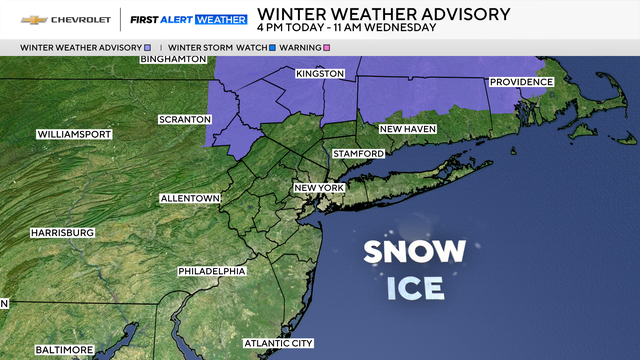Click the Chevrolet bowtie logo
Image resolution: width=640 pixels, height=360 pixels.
tap(35, 19)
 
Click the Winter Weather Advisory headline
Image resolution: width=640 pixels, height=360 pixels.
tap(383, 13)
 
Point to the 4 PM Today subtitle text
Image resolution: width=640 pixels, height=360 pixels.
tap(346, 27)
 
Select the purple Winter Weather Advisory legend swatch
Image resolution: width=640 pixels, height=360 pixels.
tap(149, 47)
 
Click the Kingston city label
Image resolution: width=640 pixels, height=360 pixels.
tap(320, 74)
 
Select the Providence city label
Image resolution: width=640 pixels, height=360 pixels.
tap(521, 82)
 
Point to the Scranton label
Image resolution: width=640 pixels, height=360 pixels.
tap(185, 120)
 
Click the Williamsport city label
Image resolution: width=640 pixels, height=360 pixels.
tap(75, 134)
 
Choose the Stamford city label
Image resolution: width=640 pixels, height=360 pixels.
tap(359, 153)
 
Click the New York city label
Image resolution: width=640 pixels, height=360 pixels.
tap(319, 188)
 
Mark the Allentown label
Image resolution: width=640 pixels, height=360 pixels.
tap(190, 199)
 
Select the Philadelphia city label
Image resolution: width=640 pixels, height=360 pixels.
tap(212, 271)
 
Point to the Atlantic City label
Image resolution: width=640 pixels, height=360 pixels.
tap(279, 343)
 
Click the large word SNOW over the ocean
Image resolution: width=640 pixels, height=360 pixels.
tap(414, 252)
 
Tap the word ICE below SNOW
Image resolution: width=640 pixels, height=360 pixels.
tap(414, 288)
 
